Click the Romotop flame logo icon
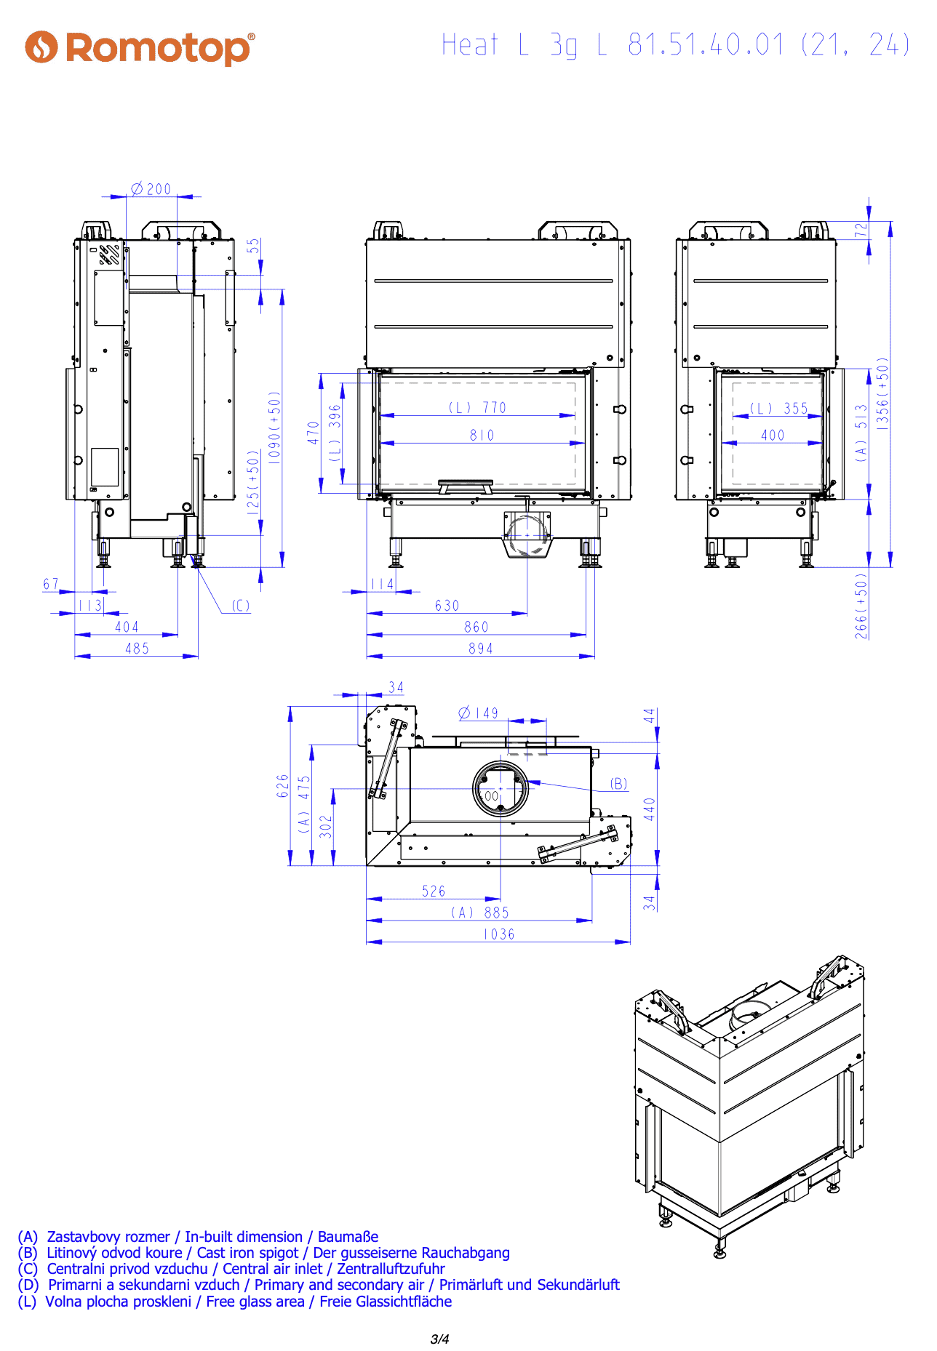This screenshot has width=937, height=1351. [x=41, y=47]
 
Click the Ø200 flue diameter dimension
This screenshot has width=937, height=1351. [x=151, y=189]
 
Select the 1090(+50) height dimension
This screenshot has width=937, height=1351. [x=274, y=428]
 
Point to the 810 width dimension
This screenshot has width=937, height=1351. [x=482, y=435]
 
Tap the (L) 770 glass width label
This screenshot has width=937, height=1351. [x=477, y=408]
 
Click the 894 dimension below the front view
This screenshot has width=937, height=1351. [x=481, y=649]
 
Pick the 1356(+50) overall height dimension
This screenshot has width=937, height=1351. [x=882, y=393]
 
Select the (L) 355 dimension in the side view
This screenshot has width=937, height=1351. [x=779, y=409]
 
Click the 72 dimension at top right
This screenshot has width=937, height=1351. [x=861, y=230]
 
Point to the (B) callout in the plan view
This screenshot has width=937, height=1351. [x=618, y=784]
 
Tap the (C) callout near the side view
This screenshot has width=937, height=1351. [x=241, y=606]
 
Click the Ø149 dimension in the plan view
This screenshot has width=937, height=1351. [x=479, y=713]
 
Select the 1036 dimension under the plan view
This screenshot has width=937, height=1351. [x=499, y=934]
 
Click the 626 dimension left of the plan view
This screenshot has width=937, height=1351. [x=283, y=786]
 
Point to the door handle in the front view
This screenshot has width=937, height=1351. [x=466, y=485]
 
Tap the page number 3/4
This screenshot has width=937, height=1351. [x=440, y=1339]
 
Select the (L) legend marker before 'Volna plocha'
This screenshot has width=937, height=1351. [x=27, y=1302]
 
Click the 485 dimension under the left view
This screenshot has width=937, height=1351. [x=137, y=649]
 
